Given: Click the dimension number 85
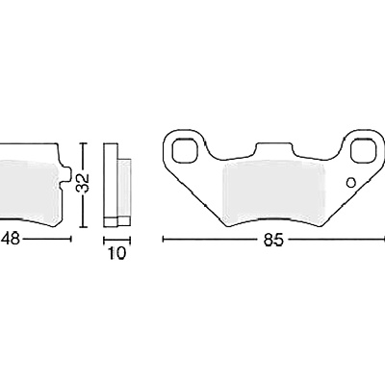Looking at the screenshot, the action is coord(273,240).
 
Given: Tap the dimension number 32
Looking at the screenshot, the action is coord(84,184).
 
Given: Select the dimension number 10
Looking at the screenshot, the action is coord(116,254).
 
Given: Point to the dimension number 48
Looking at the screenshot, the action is coord(10,239).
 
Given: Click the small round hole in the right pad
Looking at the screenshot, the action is coord(351,183).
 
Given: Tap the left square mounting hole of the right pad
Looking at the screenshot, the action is coord(185,150).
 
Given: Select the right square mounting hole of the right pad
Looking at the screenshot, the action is coord(363,150).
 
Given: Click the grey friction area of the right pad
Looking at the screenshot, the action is coord(273,192).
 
